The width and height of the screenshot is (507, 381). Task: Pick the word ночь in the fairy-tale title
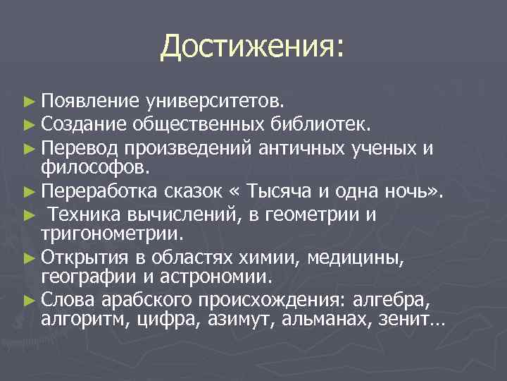coord(415,190)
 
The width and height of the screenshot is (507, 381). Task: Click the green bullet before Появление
coord(28,104)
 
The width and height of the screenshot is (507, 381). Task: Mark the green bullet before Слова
coord(28,300)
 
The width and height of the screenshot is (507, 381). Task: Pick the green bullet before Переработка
coord(28,190)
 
